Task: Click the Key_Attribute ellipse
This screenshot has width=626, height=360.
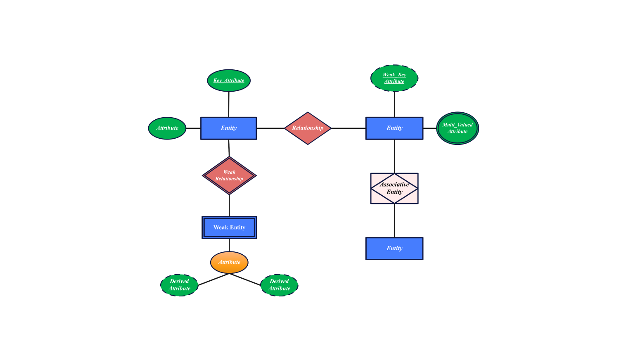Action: pyautogui.click(x=229, y=81)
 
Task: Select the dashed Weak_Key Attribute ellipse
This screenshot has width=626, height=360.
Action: pyautogui.click(x=394, y=78)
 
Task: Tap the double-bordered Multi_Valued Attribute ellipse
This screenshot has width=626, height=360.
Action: pyautogui.click(x=458, y=128)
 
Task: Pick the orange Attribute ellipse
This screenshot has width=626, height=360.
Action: pyautogui.click(x=229, y=262)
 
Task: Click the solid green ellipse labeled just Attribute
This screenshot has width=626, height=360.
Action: pyautogui.click(x=167, y=128)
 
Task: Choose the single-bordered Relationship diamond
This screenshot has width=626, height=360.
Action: pyautogui.click(x=308, y=128)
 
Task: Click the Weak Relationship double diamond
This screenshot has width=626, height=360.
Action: pyautogui.click(x=229, y=175)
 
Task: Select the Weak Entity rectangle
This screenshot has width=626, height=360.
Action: pyautogui.click(x=229, y=227)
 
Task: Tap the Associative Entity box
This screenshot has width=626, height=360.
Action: pyautogui.click(x=394, y=188)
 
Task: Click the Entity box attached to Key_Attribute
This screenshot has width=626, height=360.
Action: pyautogui.click(x=229, y=128)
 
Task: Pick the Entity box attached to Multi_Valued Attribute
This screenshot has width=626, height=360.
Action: pyautogui.click(x=394, y=128)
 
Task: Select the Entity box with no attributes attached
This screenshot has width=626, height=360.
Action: pyautogui.click(x=394, y=249)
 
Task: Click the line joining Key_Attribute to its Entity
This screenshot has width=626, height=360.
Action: pyautogui.click(x=229, y=104)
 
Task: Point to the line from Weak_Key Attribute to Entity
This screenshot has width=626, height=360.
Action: pyautogui.click(x=394, y=104)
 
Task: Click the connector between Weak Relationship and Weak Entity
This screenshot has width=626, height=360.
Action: pyautogui.click(x=229, y=205)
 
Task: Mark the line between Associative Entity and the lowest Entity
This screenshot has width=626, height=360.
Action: pyautogui.click(x=394, y=220)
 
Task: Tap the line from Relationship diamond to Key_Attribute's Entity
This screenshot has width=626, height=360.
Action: pyautogui.click(x=270, y=128)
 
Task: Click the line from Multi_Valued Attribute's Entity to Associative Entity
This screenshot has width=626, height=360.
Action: pyautogui.click(x=394, y=156)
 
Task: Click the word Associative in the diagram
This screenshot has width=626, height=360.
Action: pyautogui.click(x=394, y=185)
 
